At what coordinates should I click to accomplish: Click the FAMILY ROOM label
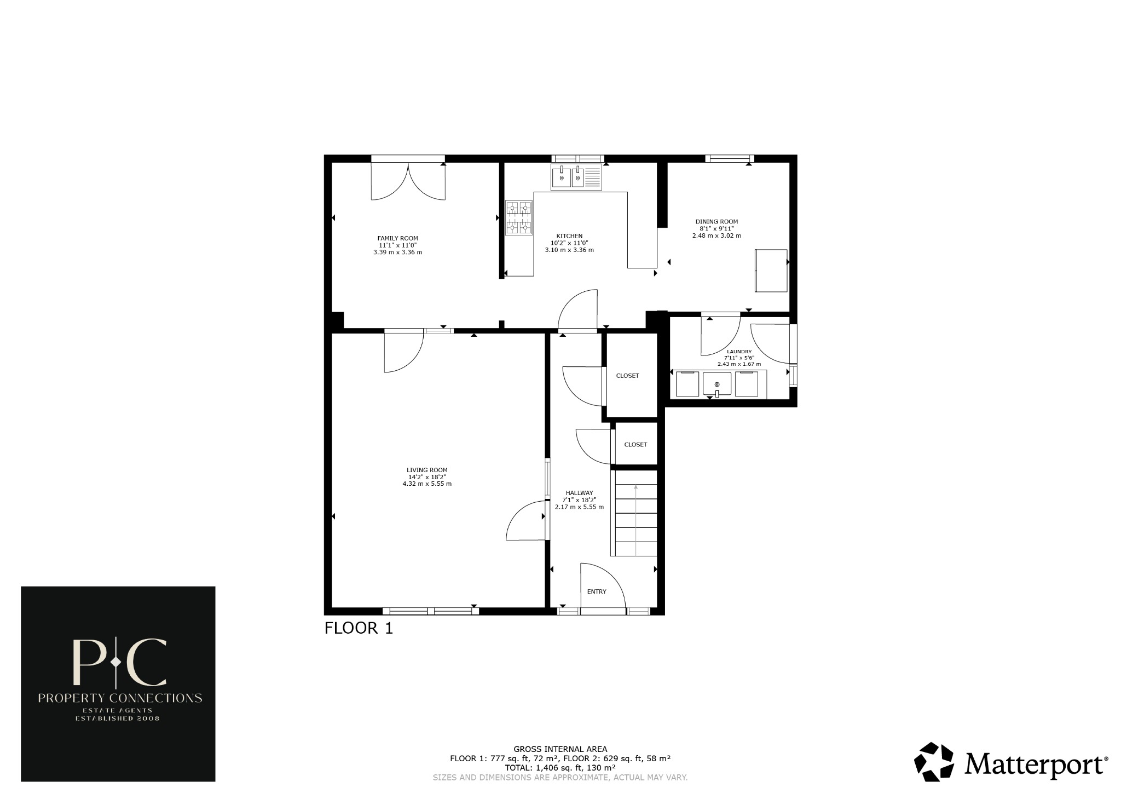397,238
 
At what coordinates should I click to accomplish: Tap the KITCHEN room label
569,236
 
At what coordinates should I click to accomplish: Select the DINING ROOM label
716,222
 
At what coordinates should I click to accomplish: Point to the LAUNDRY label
739,352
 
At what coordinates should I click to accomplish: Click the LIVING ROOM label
427,470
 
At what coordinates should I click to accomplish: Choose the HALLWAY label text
579,493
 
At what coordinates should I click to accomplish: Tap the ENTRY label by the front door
597,591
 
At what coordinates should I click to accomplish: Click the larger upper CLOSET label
627,376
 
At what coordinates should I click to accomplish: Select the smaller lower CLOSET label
635,445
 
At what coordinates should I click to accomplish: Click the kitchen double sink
576,177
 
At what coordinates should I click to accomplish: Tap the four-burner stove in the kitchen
518,217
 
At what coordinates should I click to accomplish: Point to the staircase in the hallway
635,520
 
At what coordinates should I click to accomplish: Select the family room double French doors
408,181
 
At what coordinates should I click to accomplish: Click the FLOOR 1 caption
359,628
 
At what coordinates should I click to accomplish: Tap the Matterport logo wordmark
1033,763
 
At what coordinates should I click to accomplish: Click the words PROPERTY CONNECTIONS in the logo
119,698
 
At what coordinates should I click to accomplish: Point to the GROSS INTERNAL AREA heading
560,749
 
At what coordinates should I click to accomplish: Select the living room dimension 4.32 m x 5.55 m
427,484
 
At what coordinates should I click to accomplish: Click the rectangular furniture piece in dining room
771,271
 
